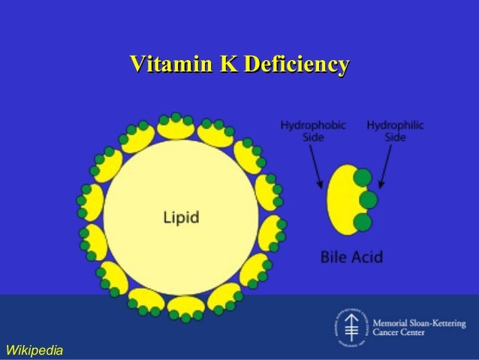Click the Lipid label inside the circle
click(x=182, y=218)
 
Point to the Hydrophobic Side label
click(x=313, y=131)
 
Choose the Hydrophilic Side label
click(x=394, y=131)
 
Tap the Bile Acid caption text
click(x=351, y=257)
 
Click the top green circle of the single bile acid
click(x=363, y=179)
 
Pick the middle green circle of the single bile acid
click(x=368, y=200)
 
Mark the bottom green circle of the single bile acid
click(x=363, y=221)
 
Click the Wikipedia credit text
click(x=34, y=349)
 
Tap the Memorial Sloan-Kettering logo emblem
click(x=347, y=327)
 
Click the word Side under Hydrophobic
click(x=313, y=138)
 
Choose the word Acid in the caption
click(x=368, y=257)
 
